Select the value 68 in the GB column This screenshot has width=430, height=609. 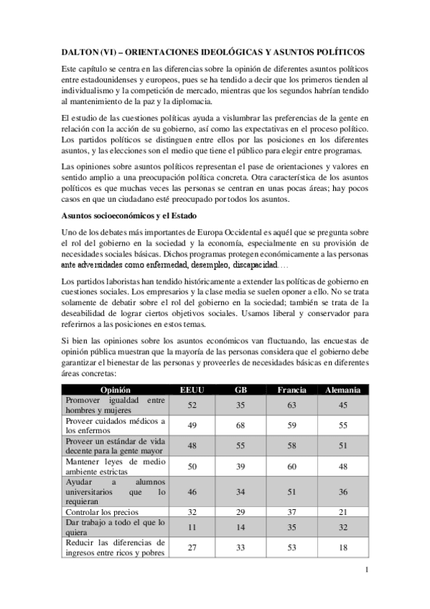tap(242, 424)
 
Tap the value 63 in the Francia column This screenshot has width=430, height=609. tap(292, 404)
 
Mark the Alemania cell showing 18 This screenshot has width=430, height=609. tap(343, 547)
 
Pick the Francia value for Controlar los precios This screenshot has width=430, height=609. tap(292, 513)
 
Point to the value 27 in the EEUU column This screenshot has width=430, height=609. tap(192, 547)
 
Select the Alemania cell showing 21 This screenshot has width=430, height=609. tap(343, 513)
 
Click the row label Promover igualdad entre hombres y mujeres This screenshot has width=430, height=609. tap(115, 404)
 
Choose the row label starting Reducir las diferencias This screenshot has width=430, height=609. tap(115, 547)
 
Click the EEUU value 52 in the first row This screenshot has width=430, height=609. tap(192, 404)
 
